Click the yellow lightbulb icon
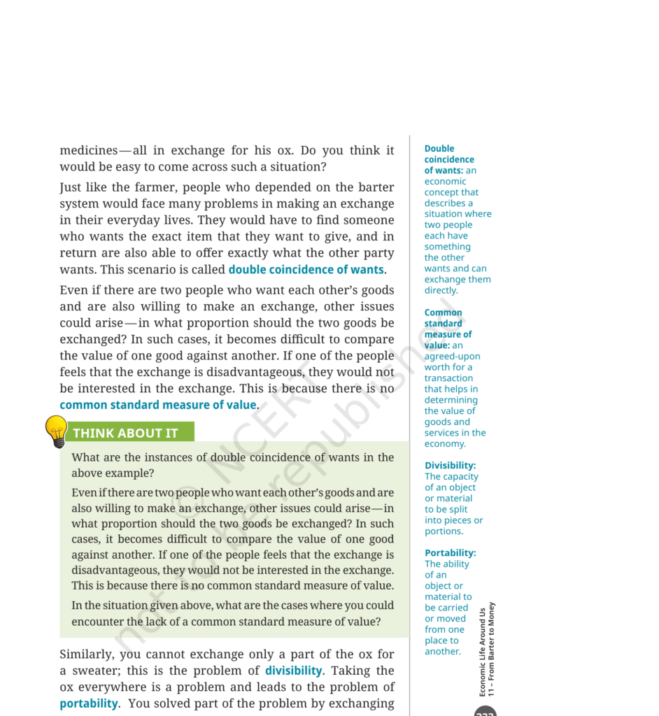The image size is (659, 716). pos(56,429)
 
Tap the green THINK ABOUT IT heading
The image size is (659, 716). pos(125,433)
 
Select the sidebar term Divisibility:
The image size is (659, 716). pos(450,465)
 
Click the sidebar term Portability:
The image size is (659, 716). pos(450,552)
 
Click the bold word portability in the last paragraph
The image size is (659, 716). pos(89,703)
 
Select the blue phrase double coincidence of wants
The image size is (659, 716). pos(306,269)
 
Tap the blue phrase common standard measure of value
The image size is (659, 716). pos(158,405)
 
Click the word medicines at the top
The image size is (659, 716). pos(89,150)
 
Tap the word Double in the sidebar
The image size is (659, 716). pos(439,148)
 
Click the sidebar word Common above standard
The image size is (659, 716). pos(443,313)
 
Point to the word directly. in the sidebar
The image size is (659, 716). pos(441,290)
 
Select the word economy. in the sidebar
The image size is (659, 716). pos(445,443)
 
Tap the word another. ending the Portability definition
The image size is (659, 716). pos(443,651)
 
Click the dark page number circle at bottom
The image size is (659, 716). pos(486,711)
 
